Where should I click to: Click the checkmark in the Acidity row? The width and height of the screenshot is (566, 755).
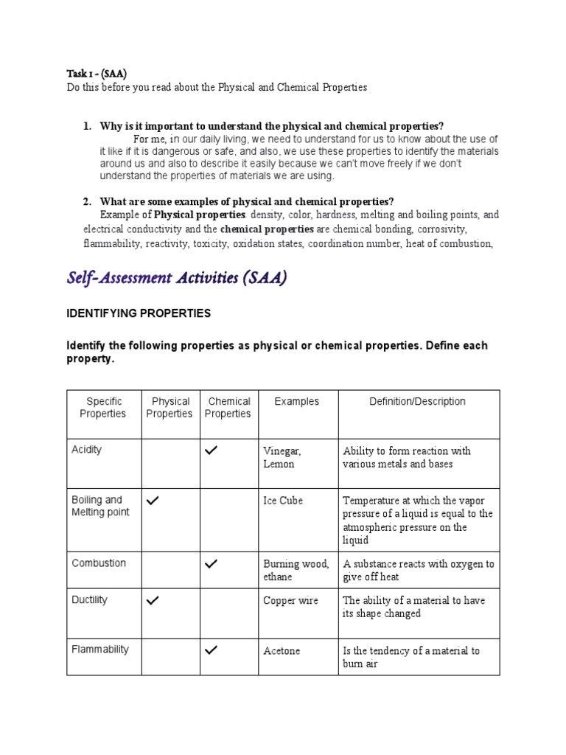point(212,451)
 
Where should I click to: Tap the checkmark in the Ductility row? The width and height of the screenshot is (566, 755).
point(153,601)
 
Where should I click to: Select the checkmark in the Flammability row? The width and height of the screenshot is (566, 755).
point(212,650)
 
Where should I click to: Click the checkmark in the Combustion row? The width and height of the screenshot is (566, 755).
point(212,564)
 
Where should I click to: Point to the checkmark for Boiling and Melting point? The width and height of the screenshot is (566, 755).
point(153,501)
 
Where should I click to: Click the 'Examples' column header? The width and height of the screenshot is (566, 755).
point(296,402)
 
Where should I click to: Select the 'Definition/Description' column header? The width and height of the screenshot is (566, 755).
point(417,402)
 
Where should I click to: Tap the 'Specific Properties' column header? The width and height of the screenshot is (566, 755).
point(103,408)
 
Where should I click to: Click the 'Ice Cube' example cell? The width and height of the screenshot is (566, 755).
point(283,501)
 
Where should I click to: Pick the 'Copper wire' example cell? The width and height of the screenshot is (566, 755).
point(290,601)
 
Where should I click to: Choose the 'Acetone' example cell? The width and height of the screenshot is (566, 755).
point(282,651)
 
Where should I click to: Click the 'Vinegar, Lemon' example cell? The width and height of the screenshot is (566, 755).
point(282,457)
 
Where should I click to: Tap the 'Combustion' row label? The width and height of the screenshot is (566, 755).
point(99,563)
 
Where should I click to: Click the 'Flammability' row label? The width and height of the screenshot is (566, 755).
point(100,650)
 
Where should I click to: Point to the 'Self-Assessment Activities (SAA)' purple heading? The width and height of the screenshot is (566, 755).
point(177,278)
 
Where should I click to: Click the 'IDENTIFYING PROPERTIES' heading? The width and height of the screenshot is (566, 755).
point(139,313)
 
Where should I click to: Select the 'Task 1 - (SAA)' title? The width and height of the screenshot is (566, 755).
point(97,73)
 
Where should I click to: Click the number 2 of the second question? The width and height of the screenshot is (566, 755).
point(86,201)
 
